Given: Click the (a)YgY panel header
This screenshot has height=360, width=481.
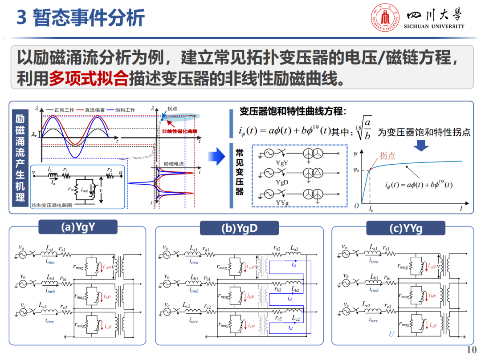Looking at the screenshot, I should (78, 227).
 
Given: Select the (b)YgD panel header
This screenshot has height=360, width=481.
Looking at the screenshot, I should (239, 228).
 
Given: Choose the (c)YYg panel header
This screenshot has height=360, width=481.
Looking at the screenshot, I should (405, 228).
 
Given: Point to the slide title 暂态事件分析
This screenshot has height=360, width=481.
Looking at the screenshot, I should (89, 18).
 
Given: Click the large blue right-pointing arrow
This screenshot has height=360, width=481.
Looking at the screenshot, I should (217, 156).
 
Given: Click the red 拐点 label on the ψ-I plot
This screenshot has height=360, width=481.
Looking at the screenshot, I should (387, 155).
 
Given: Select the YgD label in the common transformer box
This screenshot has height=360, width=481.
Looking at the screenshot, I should (282, 182).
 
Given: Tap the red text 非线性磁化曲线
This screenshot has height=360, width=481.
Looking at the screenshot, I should (179, 132).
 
